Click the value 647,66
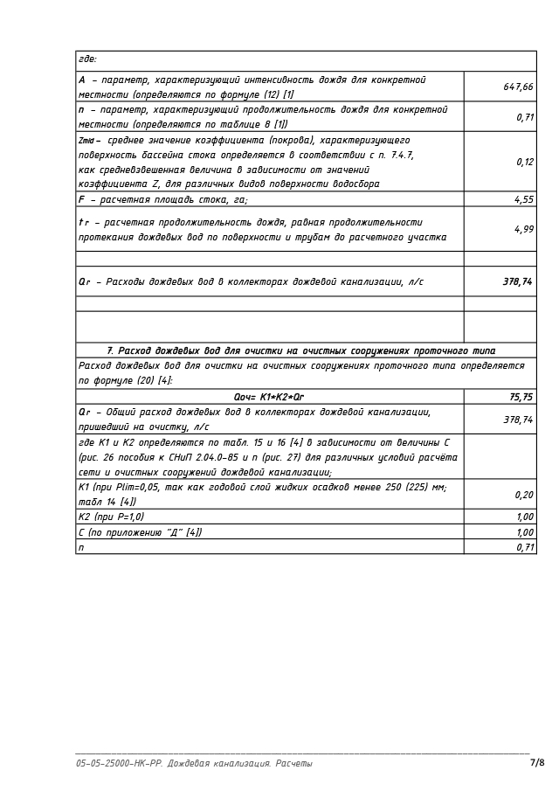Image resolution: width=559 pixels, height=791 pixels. click(518, 87)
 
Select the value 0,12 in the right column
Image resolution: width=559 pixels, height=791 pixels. click(524, 162)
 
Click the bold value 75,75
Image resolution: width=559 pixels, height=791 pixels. click(521, 397)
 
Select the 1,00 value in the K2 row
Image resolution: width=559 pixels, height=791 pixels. click(524, 517)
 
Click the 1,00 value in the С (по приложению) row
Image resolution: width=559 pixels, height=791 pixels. click(524, 531)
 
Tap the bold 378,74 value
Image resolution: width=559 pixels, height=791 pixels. click(518, 281)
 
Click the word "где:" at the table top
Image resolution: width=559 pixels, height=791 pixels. click(87, 59)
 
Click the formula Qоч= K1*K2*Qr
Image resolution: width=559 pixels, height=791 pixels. click(269, 397)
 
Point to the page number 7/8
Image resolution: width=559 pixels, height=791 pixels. click(537, 763)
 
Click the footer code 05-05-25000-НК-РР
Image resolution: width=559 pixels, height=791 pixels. click(119, 764)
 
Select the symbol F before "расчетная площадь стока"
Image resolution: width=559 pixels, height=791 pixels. click(81, 199)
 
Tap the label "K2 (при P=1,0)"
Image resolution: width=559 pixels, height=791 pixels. click(111, 517)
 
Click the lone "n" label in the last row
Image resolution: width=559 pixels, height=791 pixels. click(81, 546)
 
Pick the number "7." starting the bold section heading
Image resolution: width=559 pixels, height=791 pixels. click(110, 350)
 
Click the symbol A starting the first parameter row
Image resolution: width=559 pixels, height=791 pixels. click(81, 80)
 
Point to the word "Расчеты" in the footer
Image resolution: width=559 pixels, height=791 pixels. click(294, 764)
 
